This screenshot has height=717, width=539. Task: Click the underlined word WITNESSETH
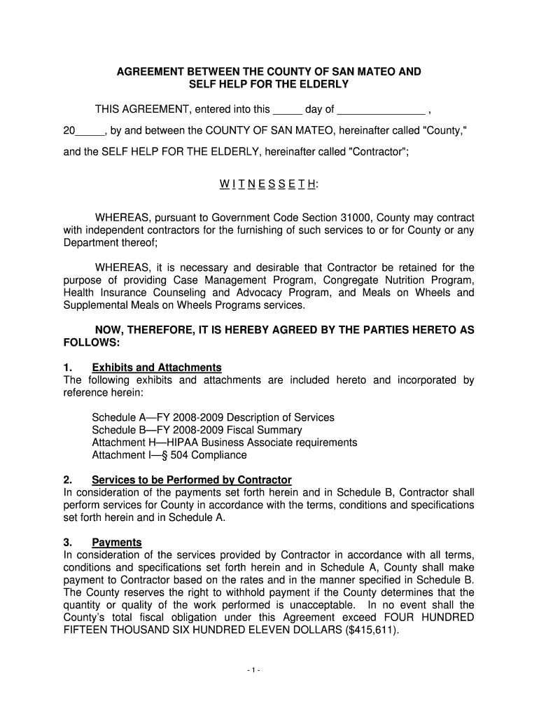pos(269,184)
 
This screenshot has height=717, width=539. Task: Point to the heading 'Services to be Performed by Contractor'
pos(191,480)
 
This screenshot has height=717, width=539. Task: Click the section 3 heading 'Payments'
pos(117,542)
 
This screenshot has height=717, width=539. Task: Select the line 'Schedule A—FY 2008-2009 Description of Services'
pos(213,417)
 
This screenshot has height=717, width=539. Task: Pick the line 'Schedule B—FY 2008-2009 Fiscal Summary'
pos(197,430)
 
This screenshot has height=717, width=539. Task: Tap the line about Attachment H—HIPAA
pos(224,443)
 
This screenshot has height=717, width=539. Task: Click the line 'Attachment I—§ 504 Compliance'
pos(169,455)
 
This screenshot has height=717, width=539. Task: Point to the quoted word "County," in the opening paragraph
pos(445,130)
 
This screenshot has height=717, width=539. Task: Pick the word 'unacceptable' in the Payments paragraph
pos(319,605)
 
